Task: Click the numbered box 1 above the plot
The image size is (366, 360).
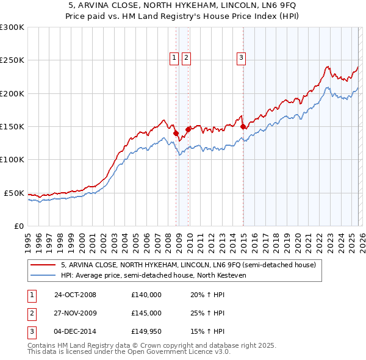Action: (174, 58)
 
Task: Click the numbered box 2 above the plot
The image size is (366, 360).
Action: (185, 58)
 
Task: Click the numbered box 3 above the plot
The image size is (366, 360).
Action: (241, 58)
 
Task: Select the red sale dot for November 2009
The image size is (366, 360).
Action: (188, 129)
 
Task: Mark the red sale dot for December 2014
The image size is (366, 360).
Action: (243, 126)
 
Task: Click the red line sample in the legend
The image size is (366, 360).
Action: (43, 265)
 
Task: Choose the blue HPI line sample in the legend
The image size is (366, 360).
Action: (43, 275)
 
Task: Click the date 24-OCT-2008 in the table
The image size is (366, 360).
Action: (75, 295)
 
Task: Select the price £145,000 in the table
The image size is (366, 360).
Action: (146, 313)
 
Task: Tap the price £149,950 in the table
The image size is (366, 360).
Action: (146, 332)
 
